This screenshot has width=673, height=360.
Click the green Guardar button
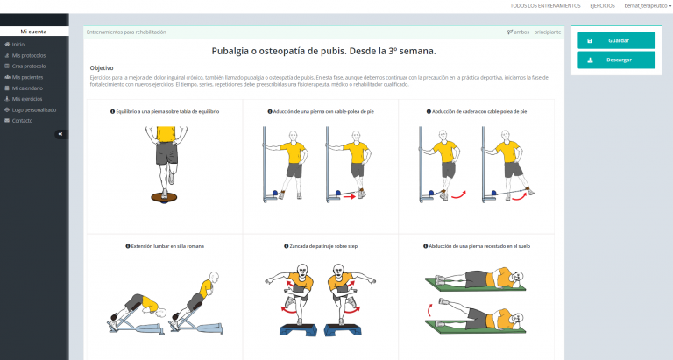616,40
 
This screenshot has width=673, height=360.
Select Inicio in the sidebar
18,44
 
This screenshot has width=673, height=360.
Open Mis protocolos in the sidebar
28,55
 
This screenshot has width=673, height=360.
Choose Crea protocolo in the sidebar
28,66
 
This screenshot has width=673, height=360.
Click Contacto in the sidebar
22,120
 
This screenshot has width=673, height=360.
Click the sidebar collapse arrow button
60,134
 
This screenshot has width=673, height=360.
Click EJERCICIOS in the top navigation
602,5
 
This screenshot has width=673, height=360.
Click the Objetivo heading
102,67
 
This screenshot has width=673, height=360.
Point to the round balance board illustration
164,196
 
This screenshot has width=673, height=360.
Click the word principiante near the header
547,32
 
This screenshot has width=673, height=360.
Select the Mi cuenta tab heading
34,32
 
